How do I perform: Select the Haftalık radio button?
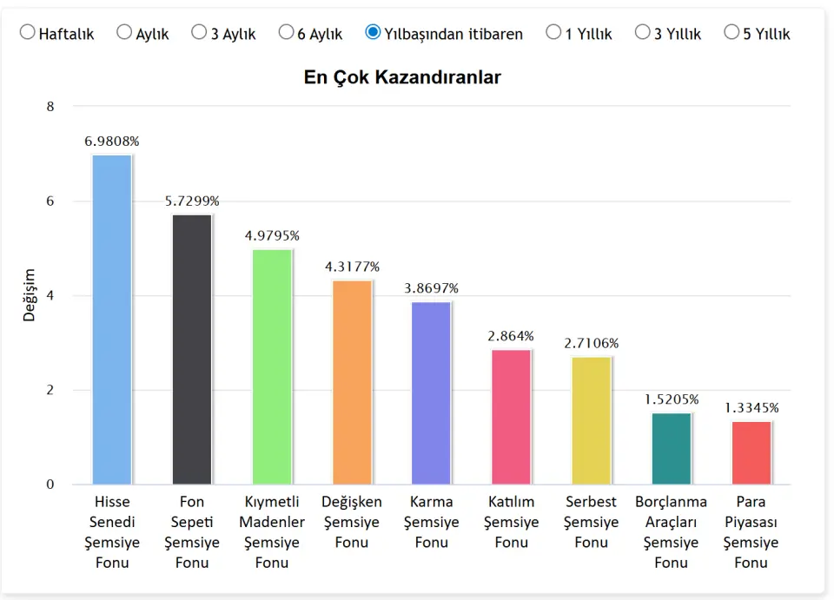point(28,33)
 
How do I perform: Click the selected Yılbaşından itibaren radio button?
point(374,33)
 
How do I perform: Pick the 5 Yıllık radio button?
point(731,33)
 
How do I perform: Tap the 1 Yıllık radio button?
point(553,33)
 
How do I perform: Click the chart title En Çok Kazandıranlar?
point(402,77)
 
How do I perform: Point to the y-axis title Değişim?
point(30,295)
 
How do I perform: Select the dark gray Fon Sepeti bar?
point(192,348)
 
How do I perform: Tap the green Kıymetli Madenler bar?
point(272,366)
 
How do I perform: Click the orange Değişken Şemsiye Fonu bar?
point(352,381)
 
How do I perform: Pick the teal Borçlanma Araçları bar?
point(672,448)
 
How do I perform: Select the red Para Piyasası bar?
point(751,452)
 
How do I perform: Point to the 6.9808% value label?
point(112,141)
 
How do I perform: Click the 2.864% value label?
point(512,336)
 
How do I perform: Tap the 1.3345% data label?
point(751,407)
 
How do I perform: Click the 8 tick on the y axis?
point(50,107)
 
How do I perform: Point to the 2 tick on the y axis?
point(50,390)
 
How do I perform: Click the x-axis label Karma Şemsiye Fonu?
point(432,522)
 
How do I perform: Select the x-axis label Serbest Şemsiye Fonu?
point(592,522)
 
